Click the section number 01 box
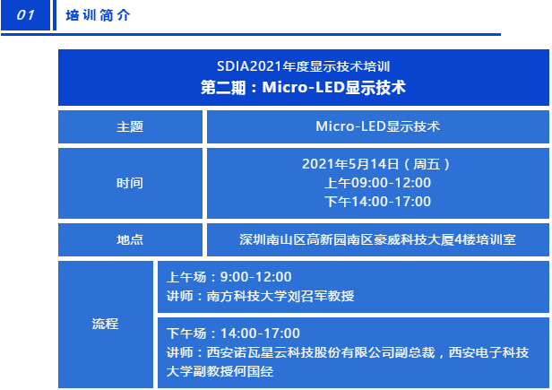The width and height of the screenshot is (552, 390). pyautogui.click(x=25, y=15)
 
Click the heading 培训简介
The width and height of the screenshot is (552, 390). pyautogui.click(x=98, y=15)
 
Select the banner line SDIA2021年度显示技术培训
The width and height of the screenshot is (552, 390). pyautogui.click(x=303, y=66)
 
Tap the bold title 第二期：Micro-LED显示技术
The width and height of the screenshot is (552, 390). pyautogui.click(x=303, y=87)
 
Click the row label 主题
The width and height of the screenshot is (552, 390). pyautogui.click(x=130, y=126)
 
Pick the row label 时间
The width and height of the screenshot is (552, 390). pyautogui.click(x=130, y=183)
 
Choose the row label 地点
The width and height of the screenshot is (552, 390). pyautogui.click(x=130, y=239)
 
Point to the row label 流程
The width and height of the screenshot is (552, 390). pyautogui.click(x=105, y=324)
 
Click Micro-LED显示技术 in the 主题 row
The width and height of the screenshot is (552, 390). pyautogui.click(x=378, y=126)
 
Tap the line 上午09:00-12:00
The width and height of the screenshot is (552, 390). pyautogui.click(x=378, y=183)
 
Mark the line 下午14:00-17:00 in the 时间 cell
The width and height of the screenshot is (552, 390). pyautogui.click(x=378, y=202)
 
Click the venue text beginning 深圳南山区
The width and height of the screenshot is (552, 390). pyautogui.click(x=378, y=239)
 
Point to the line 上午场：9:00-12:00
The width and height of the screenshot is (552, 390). pyautogui.click(x=229, y=277)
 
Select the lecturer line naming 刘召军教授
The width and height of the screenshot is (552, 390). pyautogui.click(x=260, y=296)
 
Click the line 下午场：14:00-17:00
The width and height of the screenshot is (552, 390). pyautogui.click(x=233, y=334)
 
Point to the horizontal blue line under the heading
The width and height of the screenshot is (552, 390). pyautogui.click(x=251, y=35)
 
